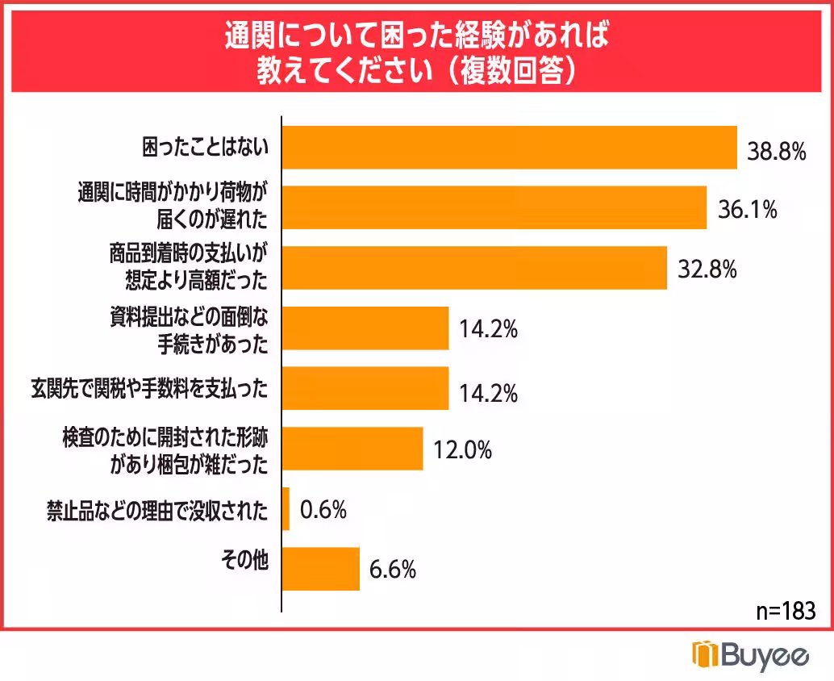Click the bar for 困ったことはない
point(509,148)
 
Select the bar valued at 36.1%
point(494,208)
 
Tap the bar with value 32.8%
point(474,268)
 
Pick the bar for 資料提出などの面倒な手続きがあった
point(365,328)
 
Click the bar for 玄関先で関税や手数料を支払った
point(365,388)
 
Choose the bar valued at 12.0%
point(352,449)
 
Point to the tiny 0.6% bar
point(286,509)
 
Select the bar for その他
point(320,569)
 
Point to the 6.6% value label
point(393,570)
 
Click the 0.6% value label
point(323,510)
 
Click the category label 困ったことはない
point(204,147)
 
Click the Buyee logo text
point(752,654)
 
